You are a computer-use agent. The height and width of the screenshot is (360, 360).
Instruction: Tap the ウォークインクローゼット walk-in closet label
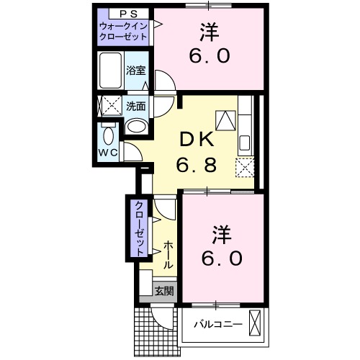point(123,31)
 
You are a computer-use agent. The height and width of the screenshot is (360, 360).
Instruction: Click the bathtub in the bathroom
point(110,70)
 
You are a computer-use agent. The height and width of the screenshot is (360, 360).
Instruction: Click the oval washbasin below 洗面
point(135,125)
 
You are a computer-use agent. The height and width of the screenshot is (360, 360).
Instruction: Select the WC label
point(108,153)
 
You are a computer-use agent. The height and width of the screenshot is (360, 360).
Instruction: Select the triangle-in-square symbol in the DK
point(226,119)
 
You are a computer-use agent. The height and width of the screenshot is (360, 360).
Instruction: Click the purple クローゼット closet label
point(136,227)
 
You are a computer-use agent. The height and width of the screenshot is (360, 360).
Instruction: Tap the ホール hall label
point(167,256)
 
